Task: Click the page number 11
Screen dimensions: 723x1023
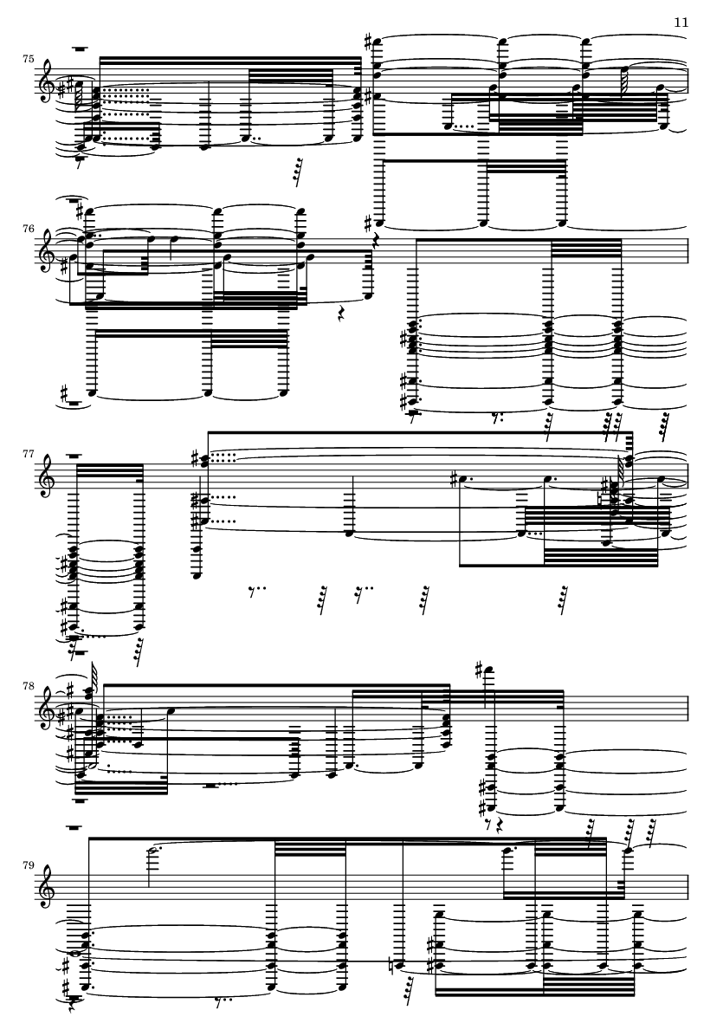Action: (681, 23)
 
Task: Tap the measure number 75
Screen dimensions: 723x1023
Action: (28, 60)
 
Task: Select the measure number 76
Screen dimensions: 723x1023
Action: (28, 229)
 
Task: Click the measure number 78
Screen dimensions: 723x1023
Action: (28, 685)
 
